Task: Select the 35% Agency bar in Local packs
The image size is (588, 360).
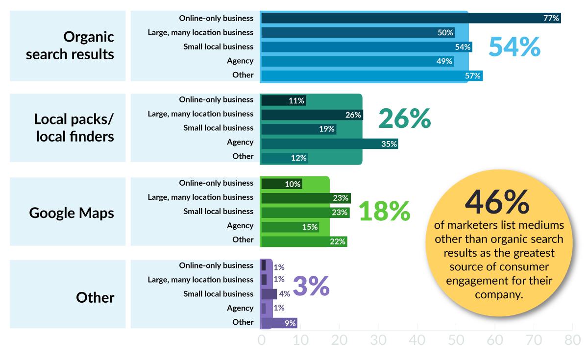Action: [329, 144]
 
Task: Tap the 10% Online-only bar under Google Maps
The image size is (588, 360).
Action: [281, 184]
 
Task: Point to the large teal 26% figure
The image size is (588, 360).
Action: [404, 119]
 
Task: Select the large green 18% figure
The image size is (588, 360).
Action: [384, 212]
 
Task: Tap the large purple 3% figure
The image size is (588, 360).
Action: [311, 287]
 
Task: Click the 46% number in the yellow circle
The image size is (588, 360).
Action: [497, 202]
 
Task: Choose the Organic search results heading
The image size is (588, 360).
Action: [69, 46]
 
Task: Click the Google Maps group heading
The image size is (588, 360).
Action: [72, 213]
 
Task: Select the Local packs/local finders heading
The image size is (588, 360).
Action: [73, 127]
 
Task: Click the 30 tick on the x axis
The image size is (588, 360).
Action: [378, 340]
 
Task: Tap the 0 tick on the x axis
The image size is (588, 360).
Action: [261, 340]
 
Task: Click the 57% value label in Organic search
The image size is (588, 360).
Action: [474, 76]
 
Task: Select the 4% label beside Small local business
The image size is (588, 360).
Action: [284, 294]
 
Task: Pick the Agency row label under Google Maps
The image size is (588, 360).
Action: [240, 226]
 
